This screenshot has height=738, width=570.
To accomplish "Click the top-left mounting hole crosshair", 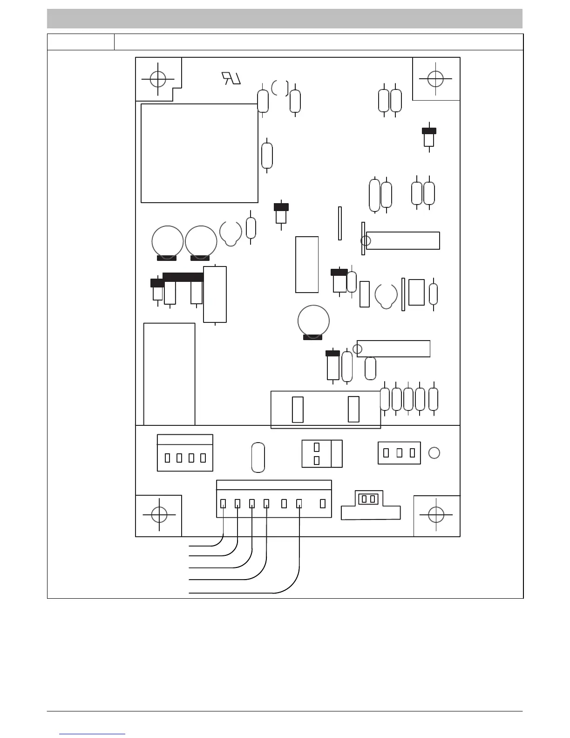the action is tap(158, 79).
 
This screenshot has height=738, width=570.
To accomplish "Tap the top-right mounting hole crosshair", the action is tap(435, 79).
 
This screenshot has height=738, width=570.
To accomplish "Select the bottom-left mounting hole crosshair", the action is tap(159, 515).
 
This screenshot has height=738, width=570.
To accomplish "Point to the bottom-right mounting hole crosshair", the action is tap(436, 515).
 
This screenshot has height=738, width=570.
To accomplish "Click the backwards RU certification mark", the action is tap(231, 78).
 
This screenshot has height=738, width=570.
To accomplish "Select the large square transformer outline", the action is tap(199, 153).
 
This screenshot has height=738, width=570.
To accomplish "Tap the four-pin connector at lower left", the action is tap(185, 453).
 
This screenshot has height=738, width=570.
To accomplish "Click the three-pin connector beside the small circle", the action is tap(399, 453).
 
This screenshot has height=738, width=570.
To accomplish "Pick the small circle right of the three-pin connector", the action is tap(434, 453).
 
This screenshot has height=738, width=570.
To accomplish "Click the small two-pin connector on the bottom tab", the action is tap(368, 499).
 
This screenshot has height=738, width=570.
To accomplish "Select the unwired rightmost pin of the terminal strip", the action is tap(322, 504).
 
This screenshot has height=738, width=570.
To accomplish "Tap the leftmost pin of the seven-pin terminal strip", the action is tap(223, 504).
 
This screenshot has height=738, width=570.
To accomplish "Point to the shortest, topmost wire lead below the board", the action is tap(205, 545).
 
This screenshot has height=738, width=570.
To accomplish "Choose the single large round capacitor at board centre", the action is tap(313, 321).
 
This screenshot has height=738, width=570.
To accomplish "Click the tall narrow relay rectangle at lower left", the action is tap(169, 374).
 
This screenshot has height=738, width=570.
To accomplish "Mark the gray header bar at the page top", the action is tap(285, 19).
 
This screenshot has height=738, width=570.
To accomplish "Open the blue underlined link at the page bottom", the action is tap(93, 734).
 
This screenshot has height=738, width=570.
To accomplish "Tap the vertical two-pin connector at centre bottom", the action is tap(317, 453).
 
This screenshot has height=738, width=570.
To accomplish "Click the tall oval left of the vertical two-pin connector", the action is tap(258, 457).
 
